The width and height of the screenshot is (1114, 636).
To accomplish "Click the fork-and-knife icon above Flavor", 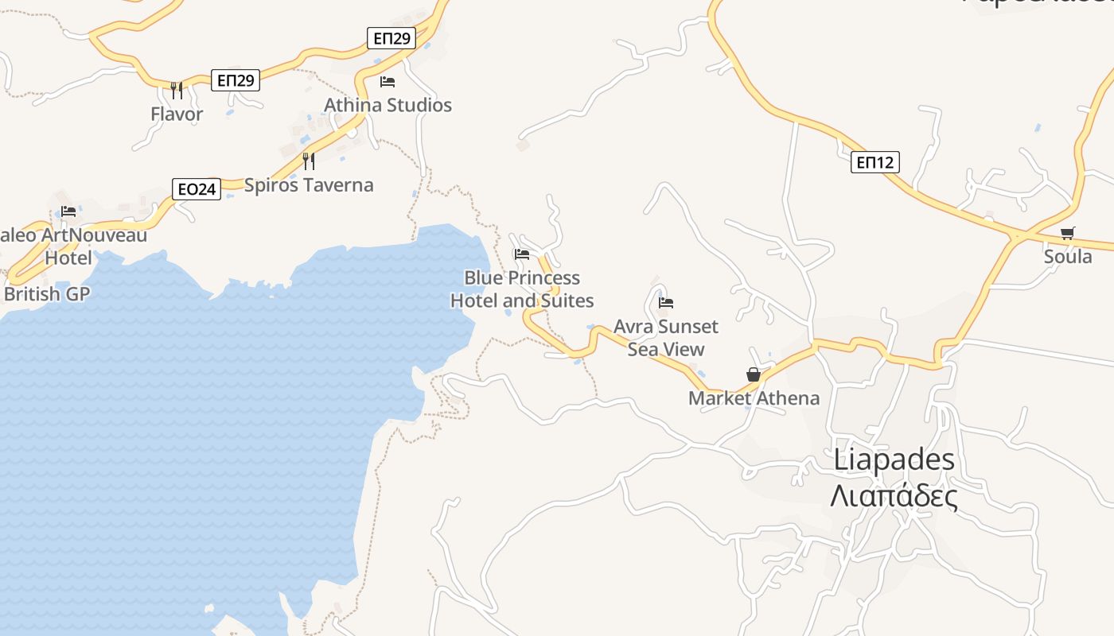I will [177, 90].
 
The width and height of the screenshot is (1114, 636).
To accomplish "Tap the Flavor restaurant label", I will [177, 114].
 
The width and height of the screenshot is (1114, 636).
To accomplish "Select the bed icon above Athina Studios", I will [388, 81].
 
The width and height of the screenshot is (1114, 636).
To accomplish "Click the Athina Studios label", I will [388, 105].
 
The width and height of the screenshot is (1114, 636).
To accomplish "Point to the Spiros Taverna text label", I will [309, 185].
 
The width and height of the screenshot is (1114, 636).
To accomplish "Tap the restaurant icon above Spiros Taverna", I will [309, 161].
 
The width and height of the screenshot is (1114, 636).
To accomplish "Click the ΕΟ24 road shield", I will [197, 189].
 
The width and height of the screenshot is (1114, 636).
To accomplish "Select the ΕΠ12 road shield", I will [875, 162].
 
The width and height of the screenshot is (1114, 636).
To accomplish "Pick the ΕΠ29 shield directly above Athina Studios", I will [391, 38].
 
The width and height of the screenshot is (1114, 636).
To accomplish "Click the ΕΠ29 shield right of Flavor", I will [236, 79].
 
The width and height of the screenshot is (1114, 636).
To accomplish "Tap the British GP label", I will [47, 294].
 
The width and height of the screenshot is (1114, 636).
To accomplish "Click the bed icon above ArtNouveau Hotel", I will [68, 211].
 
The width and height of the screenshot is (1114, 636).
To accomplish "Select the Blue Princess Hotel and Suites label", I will [522, 289].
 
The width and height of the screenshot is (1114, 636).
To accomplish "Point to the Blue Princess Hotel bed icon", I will [522, 254].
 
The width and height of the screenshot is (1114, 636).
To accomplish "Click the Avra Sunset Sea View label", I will [666, 338].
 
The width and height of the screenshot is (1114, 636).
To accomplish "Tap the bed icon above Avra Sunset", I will [666, 302].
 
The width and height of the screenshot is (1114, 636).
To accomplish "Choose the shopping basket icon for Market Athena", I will [754, 374].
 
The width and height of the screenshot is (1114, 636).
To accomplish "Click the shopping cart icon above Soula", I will [1068, 233].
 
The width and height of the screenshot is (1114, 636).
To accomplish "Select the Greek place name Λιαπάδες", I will [894, 497].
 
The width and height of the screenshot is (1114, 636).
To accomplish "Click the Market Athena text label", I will [754, 398].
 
